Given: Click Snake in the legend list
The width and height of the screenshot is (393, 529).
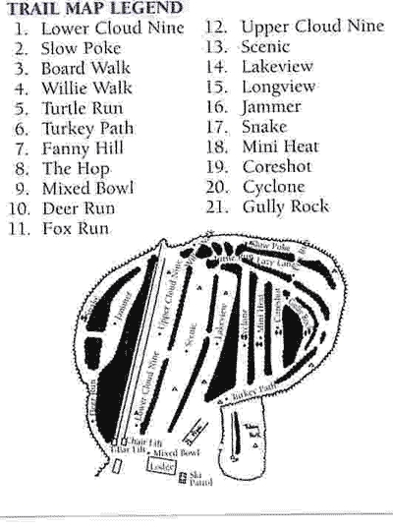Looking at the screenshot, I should point(263,127).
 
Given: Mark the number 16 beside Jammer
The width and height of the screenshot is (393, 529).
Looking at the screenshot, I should point(216,107).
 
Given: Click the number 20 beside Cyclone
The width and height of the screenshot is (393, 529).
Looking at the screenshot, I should point(217,187).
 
